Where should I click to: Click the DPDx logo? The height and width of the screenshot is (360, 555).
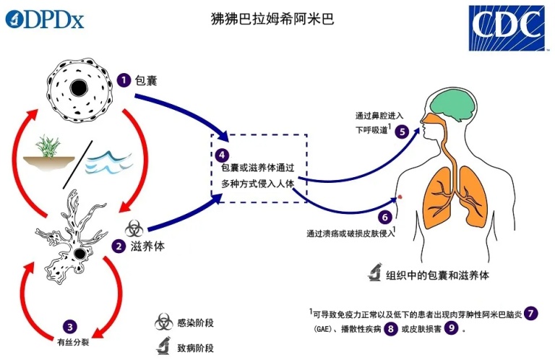pos(45,20)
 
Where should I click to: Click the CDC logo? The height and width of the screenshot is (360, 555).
pos(507,28)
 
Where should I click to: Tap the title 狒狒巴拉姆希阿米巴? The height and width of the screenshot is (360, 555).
pos(272,19)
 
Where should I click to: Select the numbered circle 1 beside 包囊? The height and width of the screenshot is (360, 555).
pos(124,80)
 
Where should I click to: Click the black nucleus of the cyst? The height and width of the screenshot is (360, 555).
pos(79,87)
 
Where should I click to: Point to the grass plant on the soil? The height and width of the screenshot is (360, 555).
pos(48,146)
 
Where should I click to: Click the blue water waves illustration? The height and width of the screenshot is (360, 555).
pos(109,162)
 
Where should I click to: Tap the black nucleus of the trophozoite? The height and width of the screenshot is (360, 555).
pos(79,254)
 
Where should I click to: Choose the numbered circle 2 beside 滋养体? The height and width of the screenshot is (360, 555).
pos(119,246)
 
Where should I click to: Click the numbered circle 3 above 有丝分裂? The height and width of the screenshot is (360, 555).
pos(70,327)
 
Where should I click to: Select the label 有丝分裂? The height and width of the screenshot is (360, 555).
pos(73,343)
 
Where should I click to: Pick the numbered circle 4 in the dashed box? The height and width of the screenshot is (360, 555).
pos(222,155)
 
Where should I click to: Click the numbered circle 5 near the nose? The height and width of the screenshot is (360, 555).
pos(402,132)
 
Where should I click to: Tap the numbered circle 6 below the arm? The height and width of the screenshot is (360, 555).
pos(385,217)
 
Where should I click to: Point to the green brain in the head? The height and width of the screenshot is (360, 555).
pos(453,103)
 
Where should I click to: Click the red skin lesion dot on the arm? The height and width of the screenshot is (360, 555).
pos(400,197)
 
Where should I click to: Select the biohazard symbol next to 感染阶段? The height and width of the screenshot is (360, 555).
pos(163,322)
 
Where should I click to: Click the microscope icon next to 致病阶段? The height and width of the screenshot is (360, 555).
pos(163,346)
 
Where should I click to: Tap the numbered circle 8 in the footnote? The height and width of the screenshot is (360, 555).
pos(391,329)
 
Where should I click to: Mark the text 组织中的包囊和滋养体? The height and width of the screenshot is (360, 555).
pos(437,275)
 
